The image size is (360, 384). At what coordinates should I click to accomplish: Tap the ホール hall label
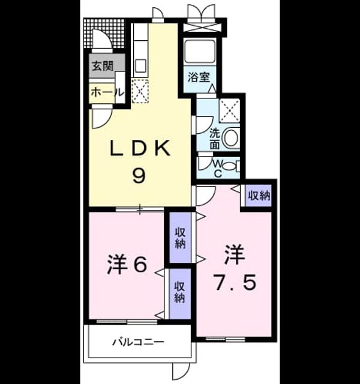coord(106,92)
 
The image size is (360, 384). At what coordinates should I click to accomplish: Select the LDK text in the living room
coord(140,148)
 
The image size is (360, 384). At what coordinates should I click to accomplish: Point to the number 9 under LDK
coord(139,176)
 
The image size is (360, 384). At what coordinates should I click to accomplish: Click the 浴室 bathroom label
coord(199,77)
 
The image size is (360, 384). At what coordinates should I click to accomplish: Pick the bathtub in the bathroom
coord(200,52)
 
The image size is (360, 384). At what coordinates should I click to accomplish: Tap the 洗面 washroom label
coord(215,139)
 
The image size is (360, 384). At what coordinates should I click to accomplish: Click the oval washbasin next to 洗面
coord(231,137)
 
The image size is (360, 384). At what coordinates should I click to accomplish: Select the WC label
coord(218,168)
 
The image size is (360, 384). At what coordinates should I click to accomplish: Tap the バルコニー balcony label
coord(138,342)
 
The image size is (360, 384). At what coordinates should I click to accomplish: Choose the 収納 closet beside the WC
coord(259,196)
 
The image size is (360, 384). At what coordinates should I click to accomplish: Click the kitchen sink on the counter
coord(140,65)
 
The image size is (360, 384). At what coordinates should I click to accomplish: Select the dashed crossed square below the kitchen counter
coord(140,91)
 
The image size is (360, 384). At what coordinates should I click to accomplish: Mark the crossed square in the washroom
coord(229,110)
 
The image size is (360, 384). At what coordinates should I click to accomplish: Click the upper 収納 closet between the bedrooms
coord(181,238)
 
